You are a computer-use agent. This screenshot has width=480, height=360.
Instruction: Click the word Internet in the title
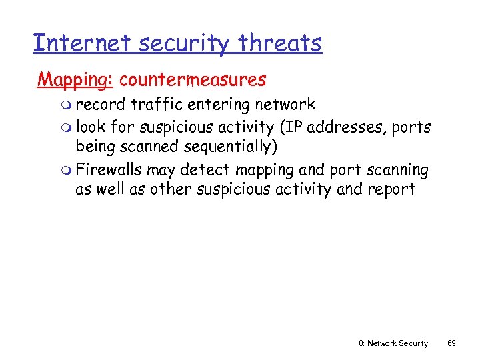pos(73,43)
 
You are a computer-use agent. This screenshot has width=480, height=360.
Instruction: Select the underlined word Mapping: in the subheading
pos(75,80)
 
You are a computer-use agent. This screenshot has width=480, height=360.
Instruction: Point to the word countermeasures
pos(193,80)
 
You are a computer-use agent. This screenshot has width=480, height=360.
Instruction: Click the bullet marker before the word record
pos(43,105)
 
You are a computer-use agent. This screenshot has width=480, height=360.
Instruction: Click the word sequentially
pos(227,147)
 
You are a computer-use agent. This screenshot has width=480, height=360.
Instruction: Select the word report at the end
pos(391,189)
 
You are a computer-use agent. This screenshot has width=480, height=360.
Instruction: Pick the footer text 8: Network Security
pos(393,343)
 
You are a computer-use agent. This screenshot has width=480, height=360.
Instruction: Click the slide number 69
pos(451,343)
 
